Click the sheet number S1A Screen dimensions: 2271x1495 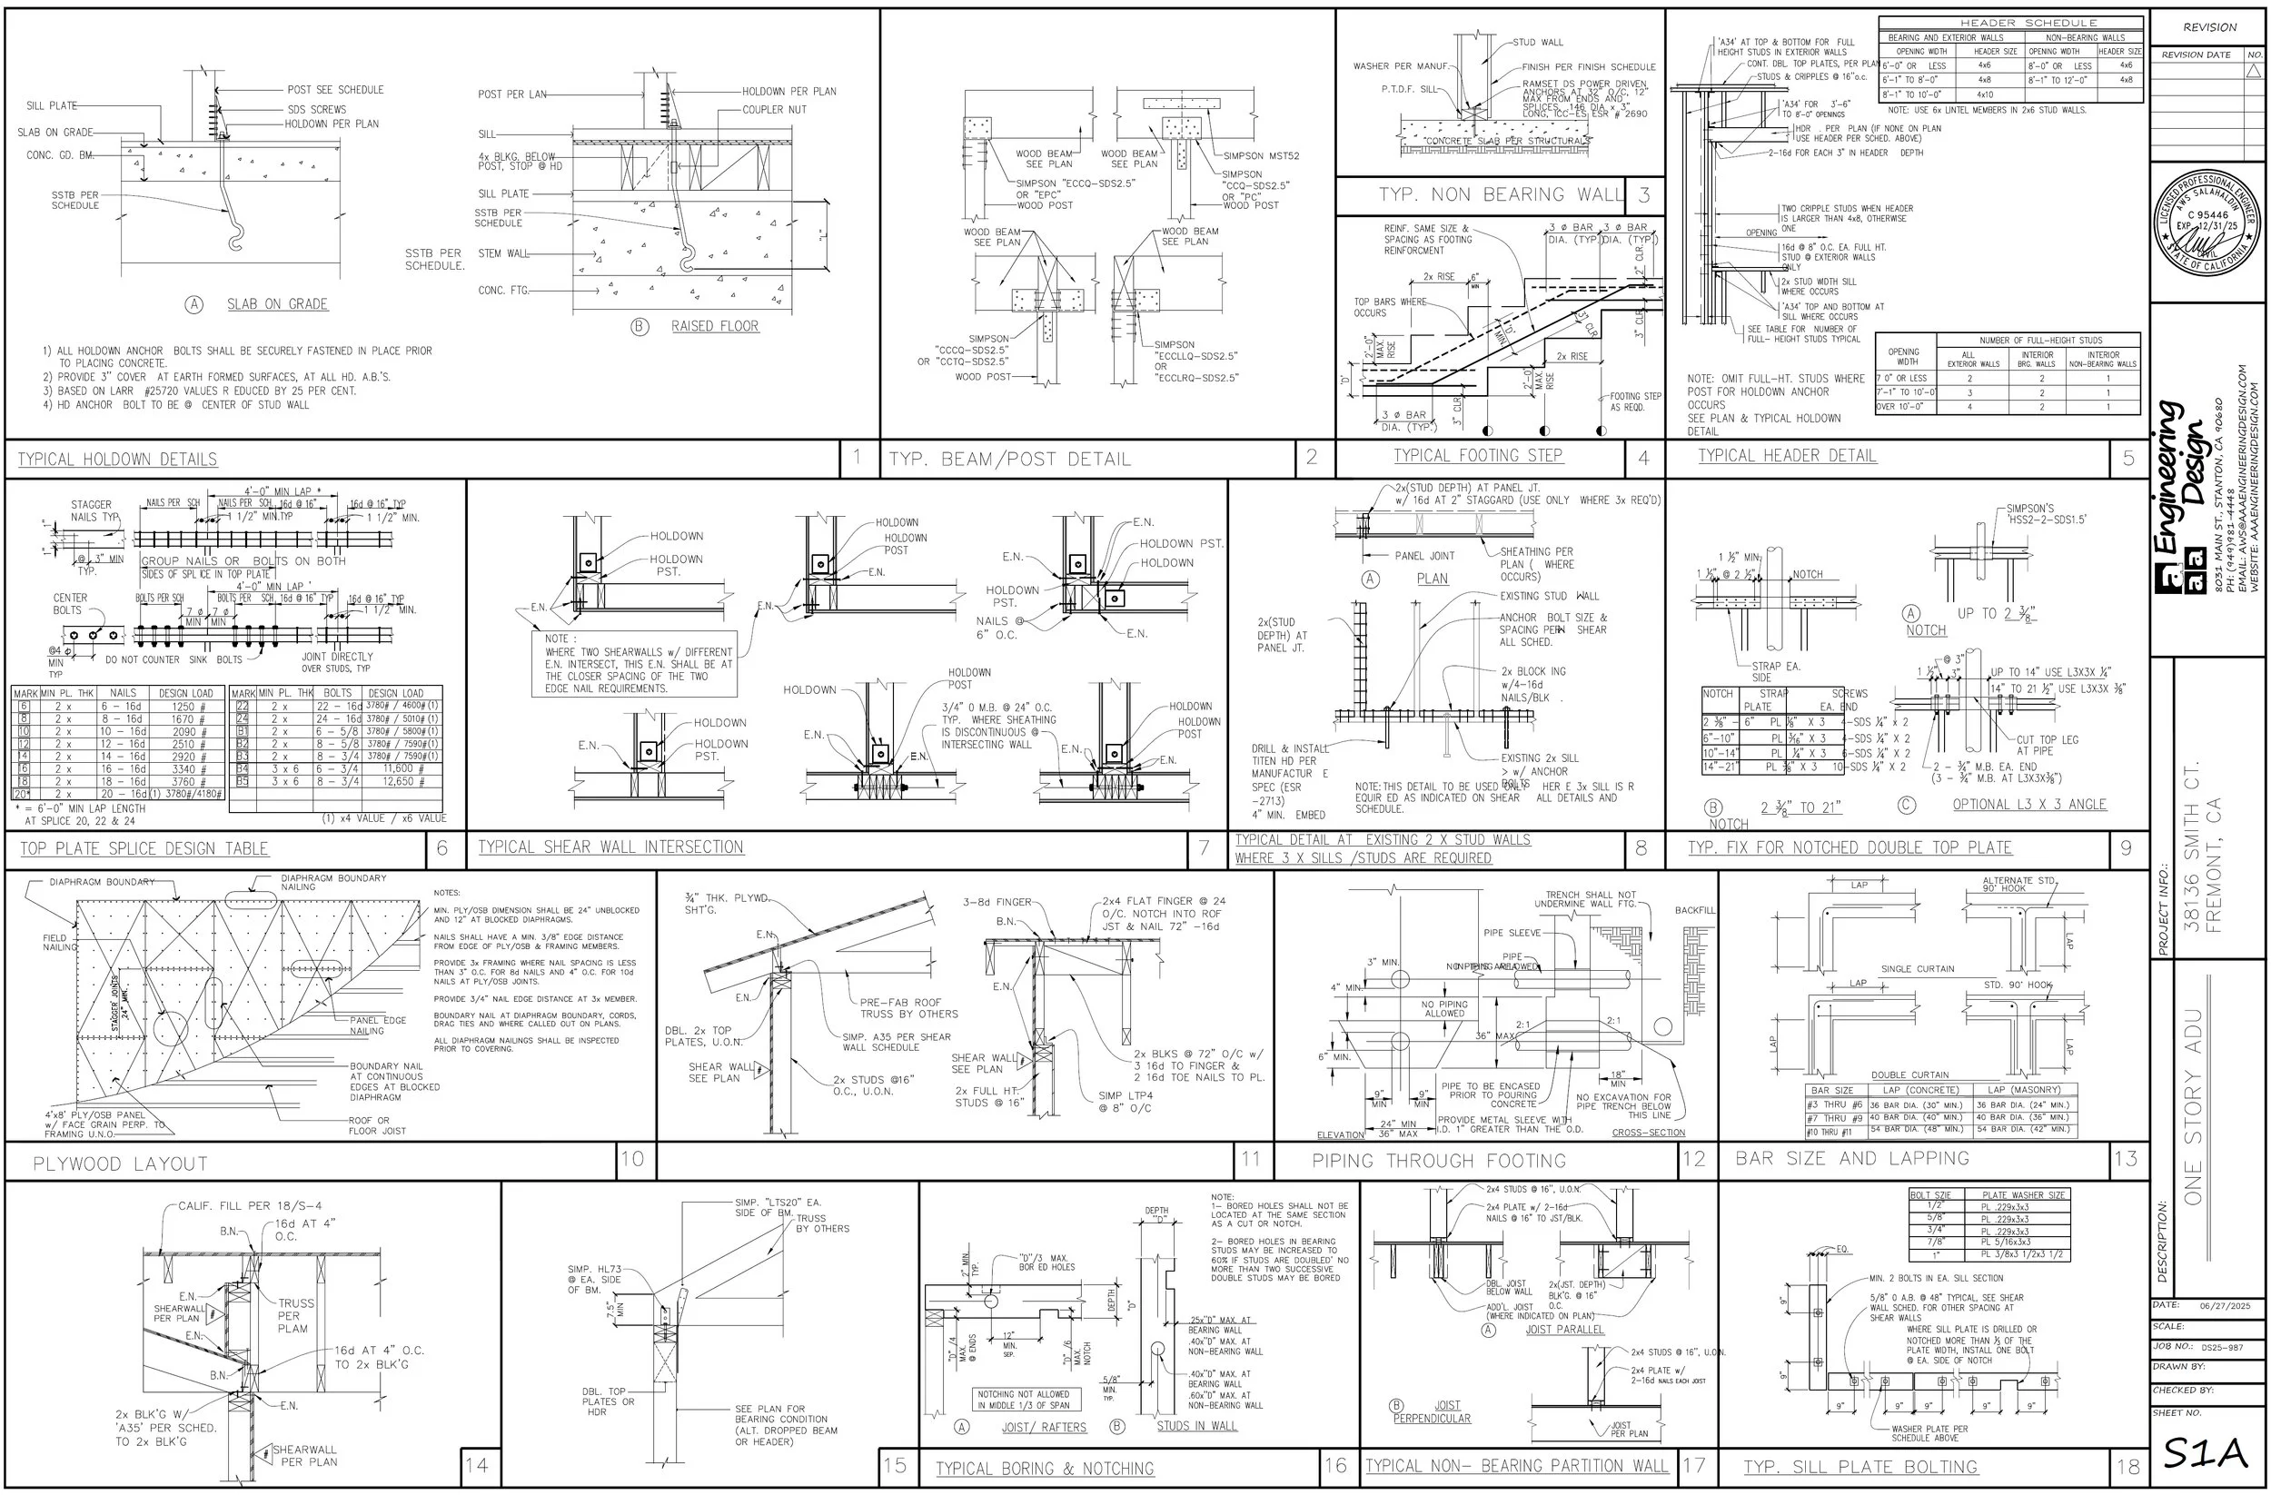(2207, 1454)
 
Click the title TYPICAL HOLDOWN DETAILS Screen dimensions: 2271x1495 (117, 460)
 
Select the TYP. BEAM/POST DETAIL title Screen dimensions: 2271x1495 (1009, 460)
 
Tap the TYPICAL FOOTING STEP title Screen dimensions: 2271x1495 (1478, 456)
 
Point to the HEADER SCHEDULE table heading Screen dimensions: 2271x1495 (2013, 22)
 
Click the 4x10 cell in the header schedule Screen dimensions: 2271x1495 (1984, 94)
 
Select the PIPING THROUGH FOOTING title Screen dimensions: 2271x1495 (1439, 1161)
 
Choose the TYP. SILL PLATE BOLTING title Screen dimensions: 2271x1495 (1860, 1468)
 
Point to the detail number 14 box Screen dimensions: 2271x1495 (476, 1464)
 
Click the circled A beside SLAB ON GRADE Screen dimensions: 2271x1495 (193, 304)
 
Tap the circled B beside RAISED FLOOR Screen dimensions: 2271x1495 (640, 327)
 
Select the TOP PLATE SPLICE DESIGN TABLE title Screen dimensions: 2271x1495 (144, 848)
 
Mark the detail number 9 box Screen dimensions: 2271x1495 (2125, 847)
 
